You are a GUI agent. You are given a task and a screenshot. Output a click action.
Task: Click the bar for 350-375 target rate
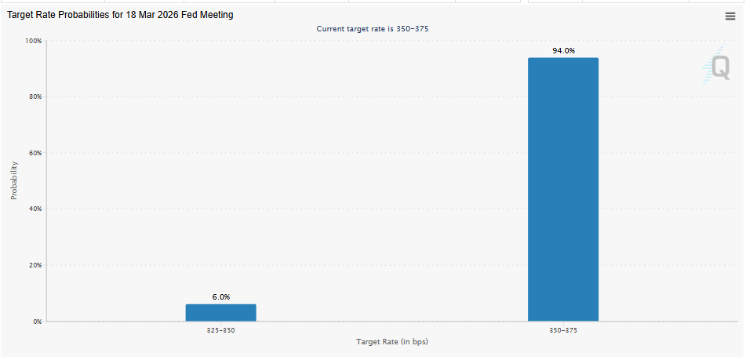(x=562, y=189)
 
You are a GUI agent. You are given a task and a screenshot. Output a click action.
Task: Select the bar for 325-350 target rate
(x=220, y=312)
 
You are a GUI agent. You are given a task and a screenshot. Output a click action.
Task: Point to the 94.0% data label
(x=563, y=51)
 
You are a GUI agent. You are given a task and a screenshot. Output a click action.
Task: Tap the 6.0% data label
(x=220, y=297)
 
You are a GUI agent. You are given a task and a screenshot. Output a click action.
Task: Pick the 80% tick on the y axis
(x=35, y=96)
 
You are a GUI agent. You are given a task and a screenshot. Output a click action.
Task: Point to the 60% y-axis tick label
(x=35, y=153)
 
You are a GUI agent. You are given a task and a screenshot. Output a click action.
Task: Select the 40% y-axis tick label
(x=35, y=209)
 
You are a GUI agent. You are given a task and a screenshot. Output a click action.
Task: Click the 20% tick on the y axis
(x=35, y=265)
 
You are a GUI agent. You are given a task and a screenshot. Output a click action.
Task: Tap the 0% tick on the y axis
(x=37, y=322)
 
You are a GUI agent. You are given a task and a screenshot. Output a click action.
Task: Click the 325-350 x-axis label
(x=220, y=331)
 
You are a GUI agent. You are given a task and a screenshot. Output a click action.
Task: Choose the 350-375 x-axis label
(x=562, y=331)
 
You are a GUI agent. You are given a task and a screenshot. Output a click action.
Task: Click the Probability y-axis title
(x=14, y=180)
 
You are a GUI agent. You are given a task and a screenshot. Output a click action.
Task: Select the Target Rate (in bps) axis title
(x=392, y=342)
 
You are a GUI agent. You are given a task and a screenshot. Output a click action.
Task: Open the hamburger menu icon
(x=730, y=16)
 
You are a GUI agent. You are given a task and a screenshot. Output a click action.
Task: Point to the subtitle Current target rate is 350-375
(x=372, y=29)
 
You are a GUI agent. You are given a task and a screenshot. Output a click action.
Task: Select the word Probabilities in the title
(x=81, y=15)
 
